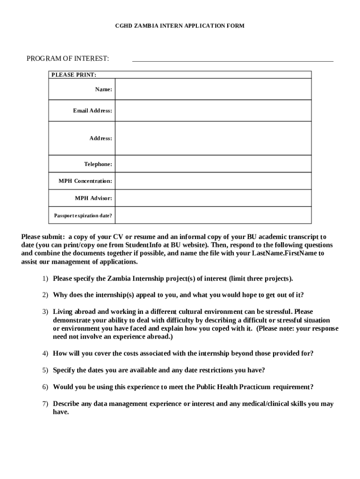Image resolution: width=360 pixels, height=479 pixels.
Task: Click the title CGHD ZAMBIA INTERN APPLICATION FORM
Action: [x=180, y=26]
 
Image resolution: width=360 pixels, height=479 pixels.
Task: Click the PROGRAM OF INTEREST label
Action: [x=68, y=58]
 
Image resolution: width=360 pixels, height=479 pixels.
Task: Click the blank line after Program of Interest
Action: [x=233, y=58]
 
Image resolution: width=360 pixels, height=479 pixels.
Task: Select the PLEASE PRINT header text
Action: [x=74, y=75]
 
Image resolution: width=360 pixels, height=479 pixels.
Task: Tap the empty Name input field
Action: [x=213, y=89]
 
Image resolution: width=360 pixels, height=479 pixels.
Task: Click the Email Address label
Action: [x=92, y=111]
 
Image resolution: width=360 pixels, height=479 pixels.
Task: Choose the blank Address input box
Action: [x=213, y=138]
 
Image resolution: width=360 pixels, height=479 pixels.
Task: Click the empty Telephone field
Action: [x=213, y=164]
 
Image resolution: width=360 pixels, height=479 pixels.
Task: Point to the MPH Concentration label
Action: [x=85, y=181]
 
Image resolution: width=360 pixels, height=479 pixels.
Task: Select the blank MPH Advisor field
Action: [x=213, y=198]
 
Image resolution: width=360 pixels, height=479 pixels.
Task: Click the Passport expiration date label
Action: [x=83, y=216]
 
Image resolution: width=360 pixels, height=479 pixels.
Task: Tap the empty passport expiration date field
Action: [x=213, y=216]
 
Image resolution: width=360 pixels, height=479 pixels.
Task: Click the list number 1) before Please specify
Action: [x=45, y=279]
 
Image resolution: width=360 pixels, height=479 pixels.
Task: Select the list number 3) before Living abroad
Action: [x=45, y=312]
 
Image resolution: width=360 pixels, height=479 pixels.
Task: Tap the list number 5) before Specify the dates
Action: [x=45, y=370]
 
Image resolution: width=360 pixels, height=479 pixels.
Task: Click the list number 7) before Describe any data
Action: [x=45, y=404]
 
